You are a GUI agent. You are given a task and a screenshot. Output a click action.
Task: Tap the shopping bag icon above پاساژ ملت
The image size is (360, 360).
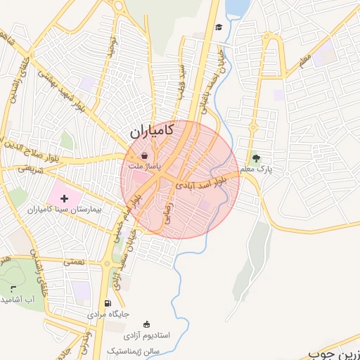pyautogui.click(x=144, y=155)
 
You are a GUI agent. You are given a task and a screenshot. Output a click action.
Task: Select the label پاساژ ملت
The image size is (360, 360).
pyautogui.click(x=144, y=167)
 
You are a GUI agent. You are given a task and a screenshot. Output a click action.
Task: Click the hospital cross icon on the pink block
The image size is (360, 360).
pyautogui.click(x=65, y=198)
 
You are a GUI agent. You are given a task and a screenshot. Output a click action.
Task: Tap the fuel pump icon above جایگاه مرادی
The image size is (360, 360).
pyautogui.click(x=107, y=304)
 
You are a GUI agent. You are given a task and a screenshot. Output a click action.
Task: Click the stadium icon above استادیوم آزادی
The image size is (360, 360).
pyautogui.click(x=146, y=324)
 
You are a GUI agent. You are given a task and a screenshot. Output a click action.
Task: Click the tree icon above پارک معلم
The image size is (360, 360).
pyautogui.click(x=256, y=157)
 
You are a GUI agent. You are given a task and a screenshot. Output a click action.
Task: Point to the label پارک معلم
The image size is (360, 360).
pyautogui.click(x=256, y=169)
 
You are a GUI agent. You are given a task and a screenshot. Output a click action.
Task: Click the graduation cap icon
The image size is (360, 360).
pyautogui.click(x=219, y=27)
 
